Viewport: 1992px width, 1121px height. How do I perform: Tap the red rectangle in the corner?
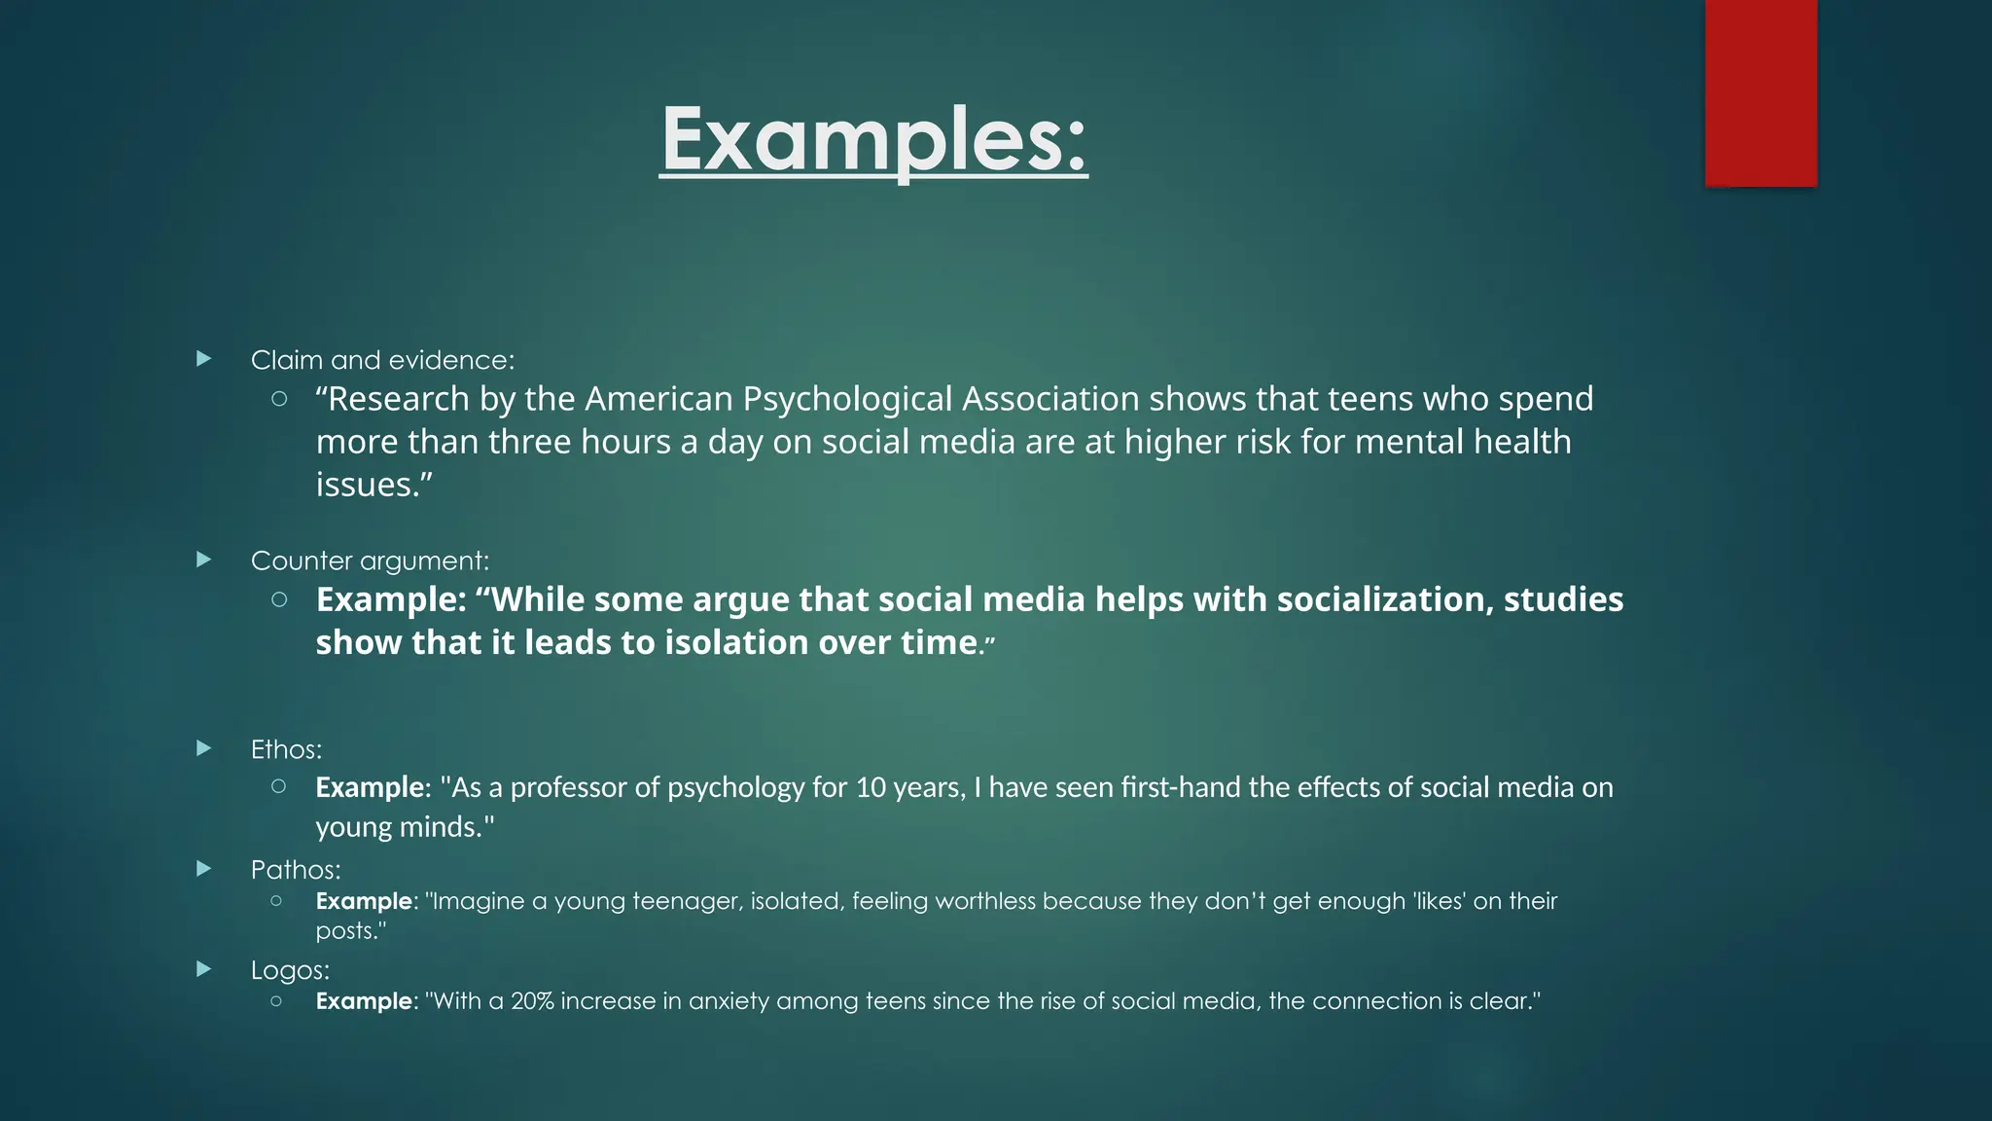(1761, 92)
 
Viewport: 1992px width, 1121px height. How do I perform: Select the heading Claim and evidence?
(382, 360)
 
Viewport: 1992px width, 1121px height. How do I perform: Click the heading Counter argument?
(370, 560)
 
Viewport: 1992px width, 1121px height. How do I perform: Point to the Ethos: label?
(286, 749)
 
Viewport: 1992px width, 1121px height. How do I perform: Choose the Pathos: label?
(296, 869)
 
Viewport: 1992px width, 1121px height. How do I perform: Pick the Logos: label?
(290, 970)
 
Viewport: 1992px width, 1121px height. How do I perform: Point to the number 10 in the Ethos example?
(871, 787)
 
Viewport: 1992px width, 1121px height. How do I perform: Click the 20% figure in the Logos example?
(532, 1001)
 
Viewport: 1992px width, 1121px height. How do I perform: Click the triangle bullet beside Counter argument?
(203, 560)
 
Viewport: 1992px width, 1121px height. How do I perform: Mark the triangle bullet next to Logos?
(203, 969)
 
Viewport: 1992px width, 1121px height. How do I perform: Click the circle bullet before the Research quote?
(279, 398)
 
